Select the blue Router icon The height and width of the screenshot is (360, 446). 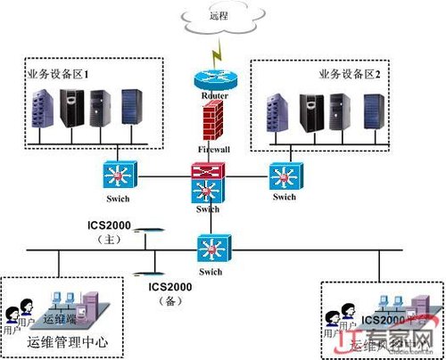tap(211, 81)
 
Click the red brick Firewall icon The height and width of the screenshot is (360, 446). tap(211, 120)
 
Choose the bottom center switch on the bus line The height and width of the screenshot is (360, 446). tap(210, 247)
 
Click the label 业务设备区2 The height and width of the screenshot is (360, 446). tap(355, 73)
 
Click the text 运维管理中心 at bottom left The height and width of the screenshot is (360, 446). tap(67, 342)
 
